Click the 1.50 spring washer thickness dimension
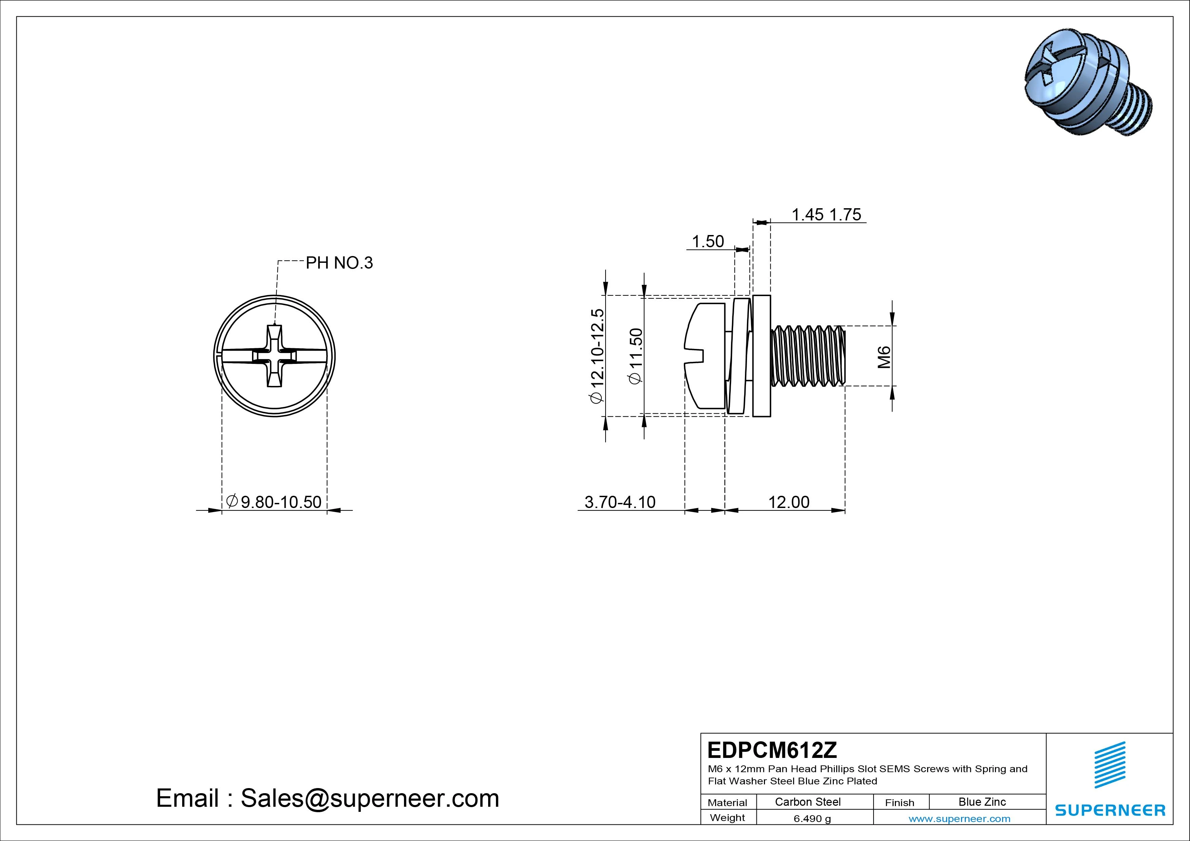click(x=708, y=241)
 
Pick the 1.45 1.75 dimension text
click(x=826, y=215)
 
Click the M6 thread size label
click(x=884, y=357)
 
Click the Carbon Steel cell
click(x=807, y=802)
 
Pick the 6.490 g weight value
click(x=812, y=819)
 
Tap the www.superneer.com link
click(x=959, y=819)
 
